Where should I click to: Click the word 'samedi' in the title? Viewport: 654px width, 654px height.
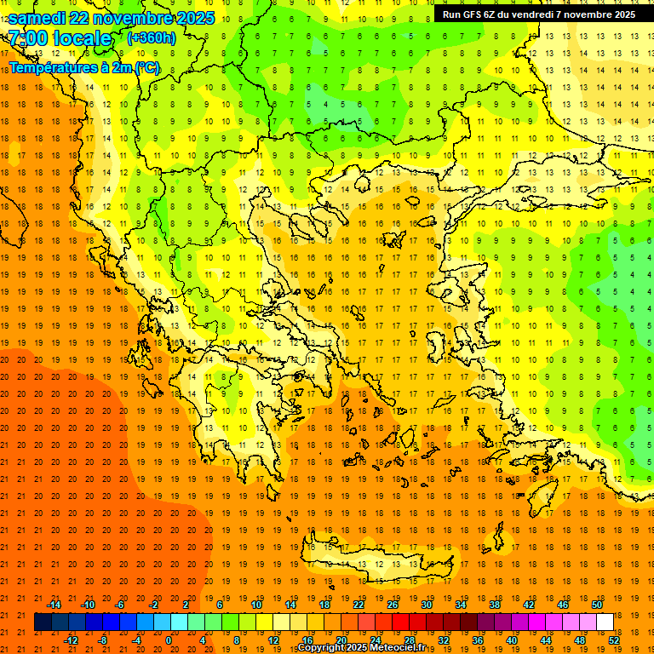[x=38, y=18]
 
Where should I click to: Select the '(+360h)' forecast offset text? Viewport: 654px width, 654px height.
[x=151, y=37]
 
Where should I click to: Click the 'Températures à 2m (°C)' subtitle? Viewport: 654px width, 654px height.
[x=83, y=67]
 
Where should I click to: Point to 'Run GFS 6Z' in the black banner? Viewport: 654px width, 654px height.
[x=472, y=14]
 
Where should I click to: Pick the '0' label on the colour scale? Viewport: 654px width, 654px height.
[x=169, y=640]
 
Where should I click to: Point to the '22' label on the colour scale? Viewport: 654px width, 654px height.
[x=359, y=605]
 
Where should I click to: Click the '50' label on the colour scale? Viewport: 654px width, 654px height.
[x=597, y=605]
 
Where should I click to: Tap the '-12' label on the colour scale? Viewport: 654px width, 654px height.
[x=71, y=640]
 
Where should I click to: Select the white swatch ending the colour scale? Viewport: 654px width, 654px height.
[x=605, y=622]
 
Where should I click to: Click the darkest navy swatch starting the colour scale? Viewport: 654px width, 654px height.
[x=43, y=622]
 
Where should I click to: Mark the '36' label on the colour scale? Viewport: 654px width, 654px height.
[x=478, y=640]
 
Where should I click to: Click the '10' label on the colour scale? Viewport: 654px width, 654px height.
[x=256, y=605]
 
